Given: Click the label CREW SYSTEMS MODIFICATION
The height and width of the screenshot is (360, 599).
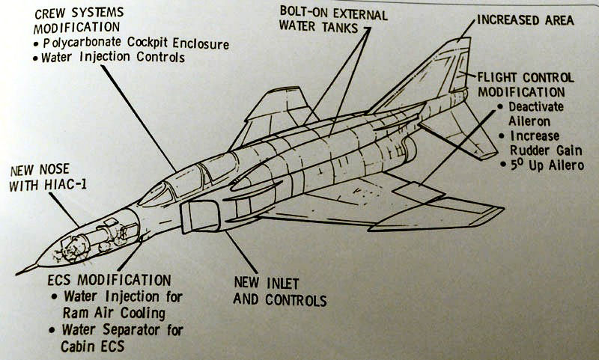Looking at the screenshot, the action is (79, 20).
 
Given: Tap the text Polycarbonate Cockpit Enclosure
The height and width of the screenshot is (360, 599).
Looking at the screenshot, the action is (136, 43).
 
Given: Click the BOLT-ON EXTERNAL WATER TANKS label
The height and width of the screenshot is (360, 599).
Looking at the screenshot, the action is (333, 20).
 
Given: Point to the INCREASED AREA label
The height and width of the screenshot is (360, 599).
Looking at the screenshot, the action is (526, 20).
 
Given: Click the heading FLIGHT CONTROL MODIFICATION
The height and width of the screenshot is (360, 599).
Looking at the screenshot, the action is (526, 85).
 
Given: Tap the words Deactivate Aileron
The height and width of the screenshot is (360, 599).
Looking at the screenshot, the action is (535, 114).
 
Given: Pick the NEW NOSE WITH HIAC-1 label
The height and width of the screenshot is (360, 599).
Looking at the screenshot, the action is (47, 177).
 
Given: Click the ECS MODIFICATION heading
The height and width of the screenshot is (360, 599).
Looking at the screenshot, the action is (109, 280).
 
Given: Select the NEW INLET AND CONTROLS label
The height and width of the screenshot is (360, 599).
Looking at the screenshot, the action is (279, 292).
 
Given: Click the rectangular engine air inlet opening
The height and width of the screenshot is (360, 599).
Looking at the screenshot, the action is (200, 216).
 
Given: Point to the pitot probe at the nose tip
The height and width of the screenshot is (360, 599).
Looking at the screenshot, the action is (27, 269).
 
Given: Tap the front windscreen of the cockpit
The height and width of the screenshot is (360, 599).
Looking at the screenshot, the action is (155, 195).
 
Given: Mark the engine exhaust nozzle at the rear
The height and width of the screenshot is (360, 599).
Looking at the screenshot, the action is (410, 148).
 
